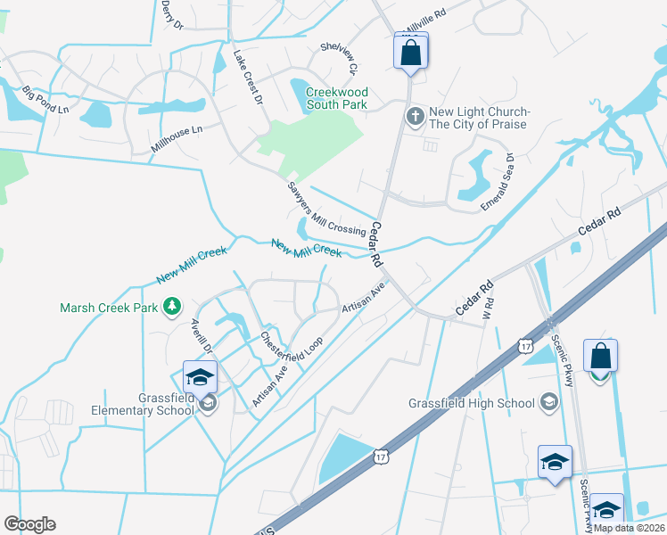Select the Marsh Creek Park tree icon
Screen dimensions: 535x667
170,308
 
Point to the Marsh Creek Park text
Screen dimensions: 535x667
109,308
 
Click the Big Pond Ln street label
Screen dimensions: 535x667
45,99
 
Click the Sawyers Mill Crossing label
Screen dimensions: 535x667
326,207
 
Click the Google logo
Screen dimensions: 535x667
29,524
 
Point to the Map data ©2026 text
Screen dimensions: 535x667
630,528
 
